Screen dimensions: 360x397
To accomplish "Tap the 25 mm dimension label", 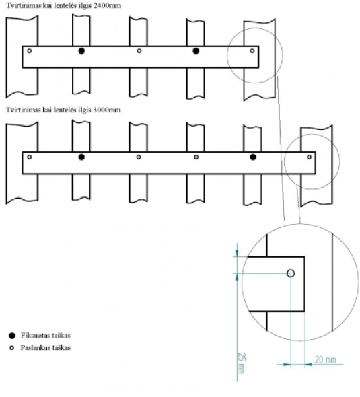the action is tap(242, 363).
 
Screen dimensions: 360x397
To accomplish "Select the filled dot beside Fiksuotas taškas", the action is tap(12, 336).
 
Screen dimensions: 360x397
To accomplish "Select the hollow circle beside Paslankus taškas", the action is tap(11, 348).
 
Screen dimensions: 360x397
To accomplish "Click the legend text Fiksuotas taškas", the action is tap(46, 336).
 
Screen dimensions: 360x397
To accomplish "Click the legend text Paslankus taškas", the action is tap(46, 347).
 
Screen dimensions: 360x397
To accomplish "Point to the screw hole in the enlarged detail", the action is tap(291, 273).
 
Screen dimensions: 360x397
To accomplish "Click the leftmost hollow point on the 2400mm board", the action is tap(30, 51).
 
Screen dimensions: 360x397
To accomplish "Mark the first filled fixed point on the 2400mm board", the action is tap(81, 51).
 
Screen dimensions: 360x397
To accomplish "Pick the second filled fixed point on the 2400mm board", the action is tap(196, 51).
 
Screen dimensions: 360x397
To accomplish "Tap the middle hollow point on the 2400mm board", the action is tap(139, 51).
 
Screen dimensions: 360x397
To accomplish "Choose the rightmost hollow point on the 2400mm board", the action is tap(252, 51).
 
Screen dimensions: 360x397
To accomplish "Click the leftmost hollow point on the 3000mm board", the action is tap(30, 157).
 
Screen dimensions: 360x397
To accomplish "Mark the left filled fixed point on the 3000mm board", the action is tap(81, 157).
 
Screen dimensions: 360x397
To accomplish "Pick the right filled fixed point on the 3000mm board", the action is tap(253, 157).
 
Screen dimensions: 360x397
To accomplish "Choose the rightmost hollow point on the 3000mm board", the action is tap(309, 157).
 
